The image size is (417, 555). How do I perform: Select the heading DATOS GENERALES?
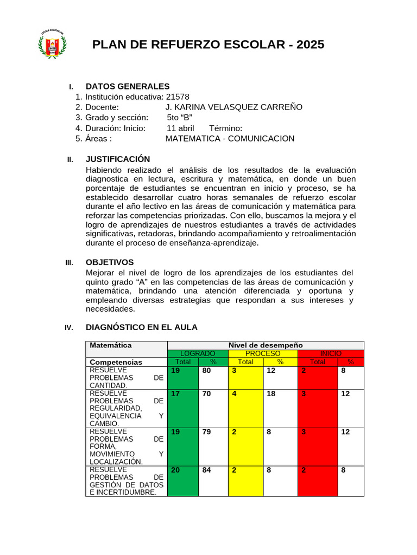(128, 86)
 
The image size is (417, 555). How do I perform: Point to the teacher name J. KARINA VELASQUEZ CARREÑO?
(233, 107)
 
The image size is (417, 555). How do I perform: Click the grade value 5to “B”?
(179, 118)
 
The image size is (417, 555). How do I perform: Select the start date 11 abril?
(180, 128)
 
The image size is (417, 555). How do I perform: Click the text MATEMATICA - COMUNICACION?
(230, 139)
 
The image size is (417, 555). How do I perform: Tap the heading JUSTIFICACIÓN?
(118, 159)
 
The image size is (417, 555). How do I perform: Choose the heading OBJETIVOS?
(110, 262)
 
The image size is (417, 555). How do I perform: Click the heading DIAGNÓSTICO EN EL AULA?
(142, 327)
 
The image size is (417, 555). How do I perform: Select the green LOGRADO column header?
(198, 353)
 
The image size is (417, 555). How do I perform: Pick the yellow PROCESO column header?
(263, 353)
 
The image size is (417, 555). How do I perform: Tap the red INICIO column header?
(331, 353)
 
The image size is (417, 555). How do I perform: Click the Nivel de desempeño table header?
(266, 345)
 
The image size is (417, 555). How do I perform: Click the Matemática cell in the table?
(111, 345)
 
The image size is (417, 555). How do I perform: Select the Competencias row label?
(116, 362)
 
